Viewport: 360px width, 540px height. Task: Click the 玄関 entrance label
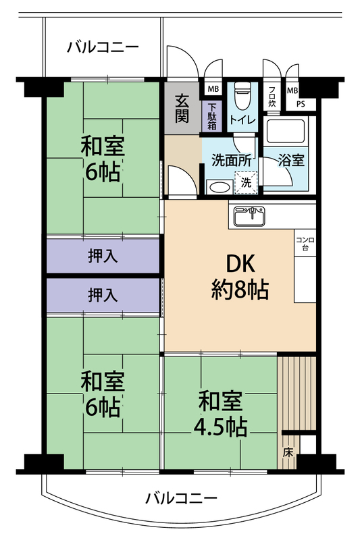[182, 108]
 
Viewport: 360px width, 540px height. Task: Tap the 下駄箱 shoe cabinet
[212, 116]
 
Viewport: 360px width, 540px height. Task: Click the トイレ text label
[242, 119]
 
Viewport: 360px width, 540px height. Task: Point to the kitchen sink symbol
[250, 215]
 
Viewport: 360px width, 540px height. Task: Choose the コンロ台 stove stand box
[305, 243]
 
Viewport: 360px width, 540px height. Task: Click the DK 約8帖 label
[240, 277]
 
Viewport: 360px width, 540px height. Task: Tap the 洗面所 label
[232, 160]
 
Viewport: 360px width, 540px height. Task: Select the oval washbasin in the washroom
[220, 188]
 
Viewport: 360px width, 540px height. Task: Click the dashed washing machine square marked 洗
[246, 182]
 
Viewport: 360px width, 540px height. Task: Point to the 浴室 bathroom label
[291, 160]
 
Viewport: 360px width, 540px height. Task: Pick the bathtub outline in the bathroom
[286, 131]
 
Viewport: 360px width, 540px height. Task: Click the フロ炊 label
[272, 97]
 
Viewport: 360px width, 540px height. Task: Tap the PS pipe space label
[301, 104]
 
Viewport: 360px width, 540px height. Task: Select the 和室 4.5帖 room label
[220, 413]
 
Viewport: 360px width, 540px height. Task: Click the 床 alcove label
[288, 452]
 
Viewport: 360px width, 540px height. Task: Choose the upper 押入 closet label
[103, 256]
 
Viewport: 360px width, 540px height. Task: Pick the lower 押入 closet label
[103, 295]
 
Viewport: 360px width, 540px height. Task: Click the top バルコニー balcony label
[103, 47]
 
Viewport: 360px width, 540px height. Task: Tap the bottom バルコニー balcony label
[181, 498]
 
